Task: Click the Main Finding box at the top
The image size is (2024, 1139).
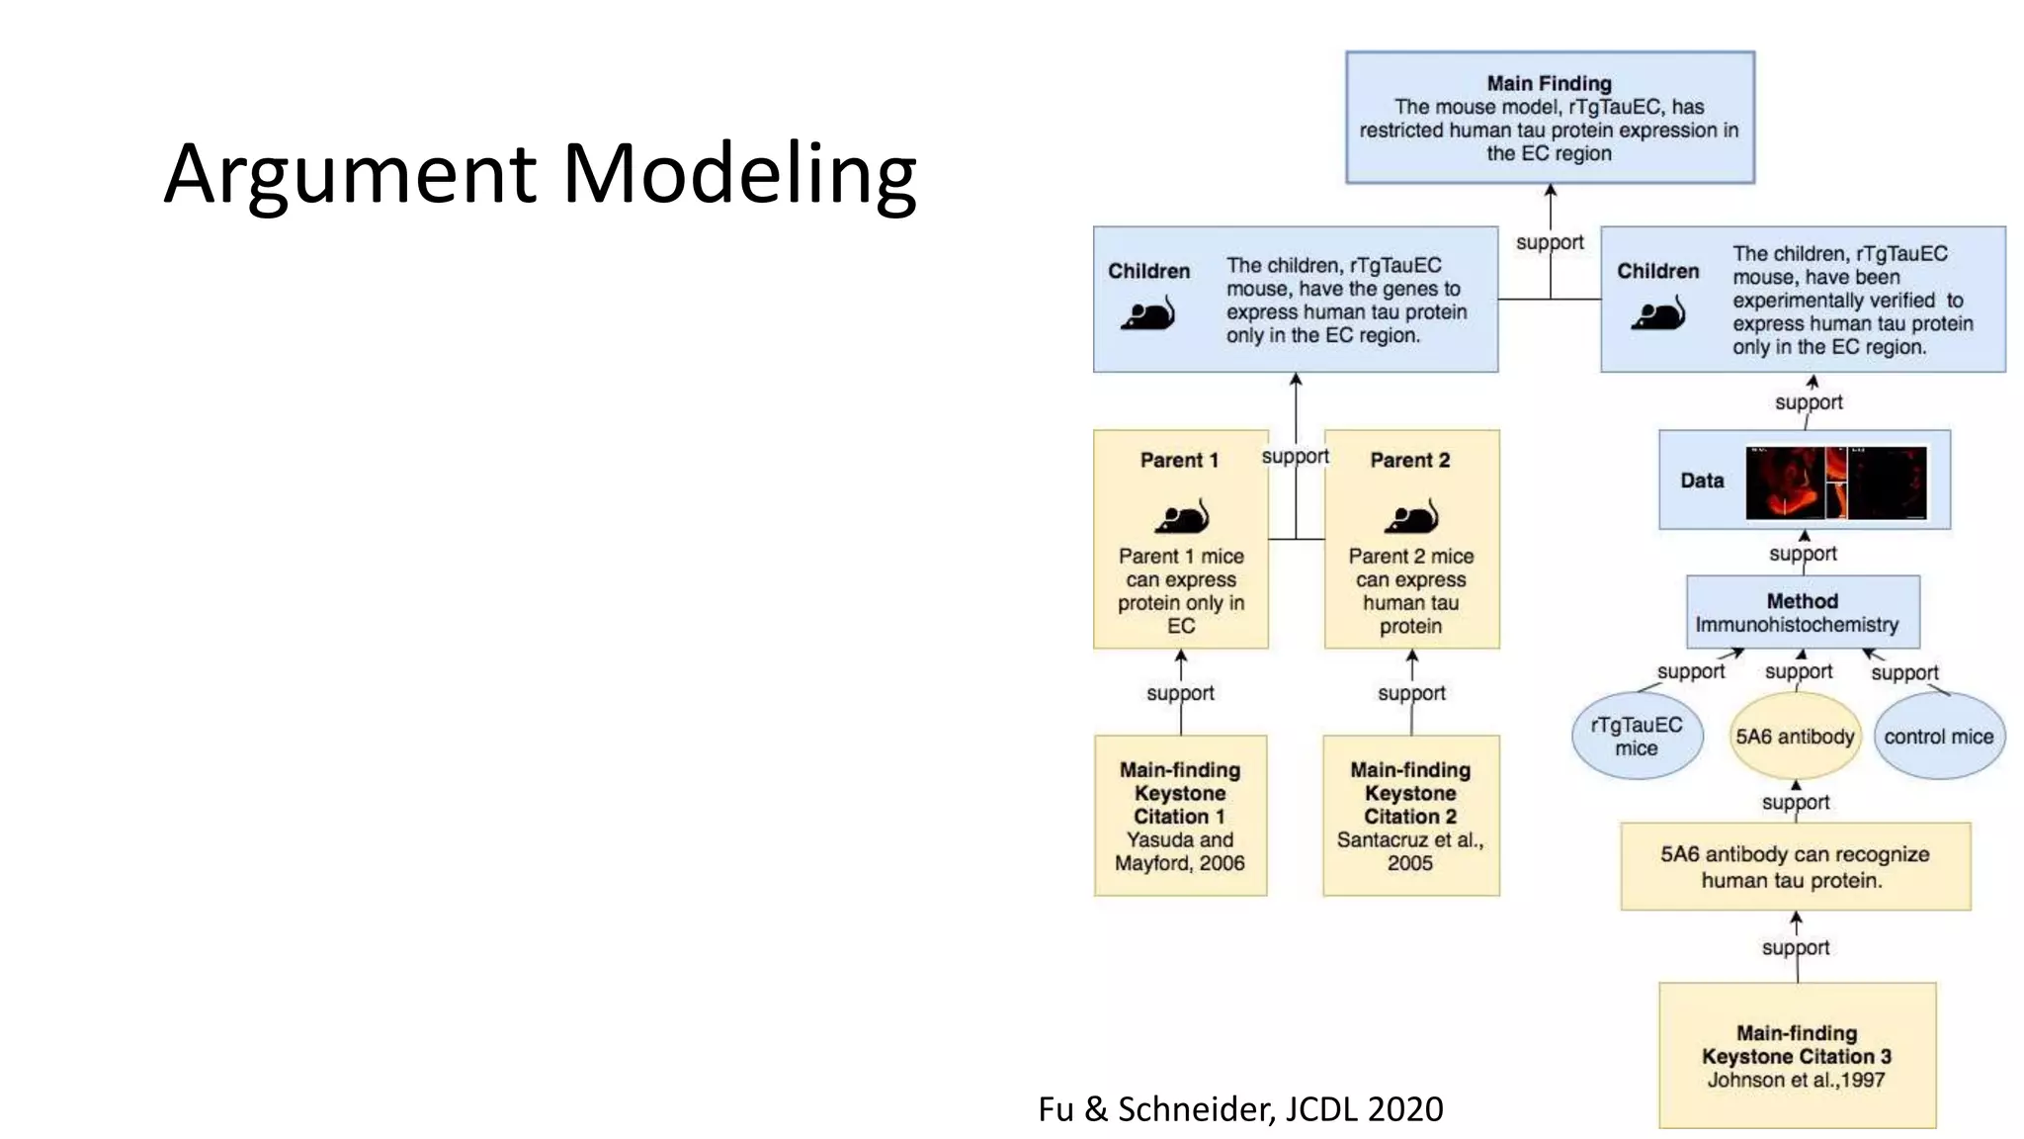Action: click(1549, 118)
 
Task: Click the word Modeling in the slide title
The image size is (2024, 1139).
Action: click(739, 175)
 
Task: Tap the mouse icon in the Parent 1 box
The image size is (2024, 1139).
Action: click(1182, 516)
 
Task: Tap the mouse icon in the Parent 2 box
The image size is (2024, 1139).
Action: click(1411, 516)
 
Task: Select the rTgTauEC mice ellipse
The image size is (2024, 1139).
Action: click(1637, 737)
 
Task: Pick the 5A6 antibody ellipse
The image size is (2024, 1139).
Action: click(1795, 737)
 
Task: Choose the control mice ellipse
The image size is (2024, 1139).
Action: click(1938, 737)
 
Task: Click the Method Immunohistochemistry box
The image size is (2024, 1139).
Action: click(1802, 613)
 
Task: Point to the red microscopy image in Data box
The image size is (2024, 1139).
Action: click(1835, 482)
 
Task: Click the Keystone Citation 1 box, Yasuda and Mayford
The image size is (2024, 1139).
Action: click(1180, 816)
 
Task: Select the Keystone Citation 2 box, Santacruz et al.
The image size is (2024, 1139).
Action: click(1410, 816)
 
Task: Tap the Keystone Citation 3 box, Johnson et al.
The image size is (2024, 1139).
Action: click(1796, 1055)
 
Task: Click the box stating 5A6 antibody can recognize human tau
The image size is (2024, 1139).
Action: click(1795, 866)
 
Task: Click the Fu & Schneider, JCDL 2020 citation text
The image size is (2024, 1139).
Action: click(1240, 1109)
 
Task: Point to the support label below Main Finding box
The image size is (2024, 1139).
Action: click(1549, 242)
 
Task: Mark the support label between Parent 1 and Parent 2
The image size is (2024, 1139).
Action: click(1295, 456)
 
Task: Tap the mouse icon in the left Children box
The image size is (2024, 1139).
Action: click(1147, 315)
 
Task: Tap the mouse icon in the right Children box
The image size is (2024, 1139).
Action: click(1657, 315)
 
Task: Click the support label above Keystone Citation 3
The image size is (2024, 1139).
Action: click(1795, 947)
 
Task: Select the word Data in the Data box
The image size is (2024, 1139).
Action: click(1702, 481)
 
